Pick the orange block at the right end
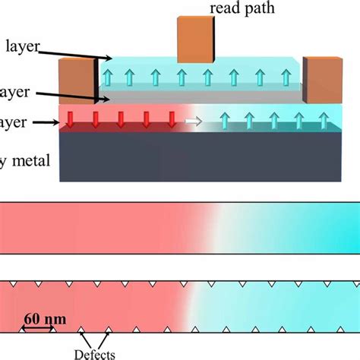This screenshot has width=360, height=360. click(317, 80)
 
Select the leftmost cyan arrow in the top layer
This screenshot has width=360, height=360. click(108, 77)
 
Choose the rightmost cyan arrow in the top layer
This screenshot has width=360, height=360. click(286, 77)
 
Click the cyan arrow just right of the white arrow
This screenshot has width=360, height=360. click(224, 119)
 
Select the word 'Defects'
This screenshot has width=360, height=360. click(95, 352)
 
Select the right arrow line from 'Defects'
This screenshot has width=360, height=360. click(104, 338)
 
